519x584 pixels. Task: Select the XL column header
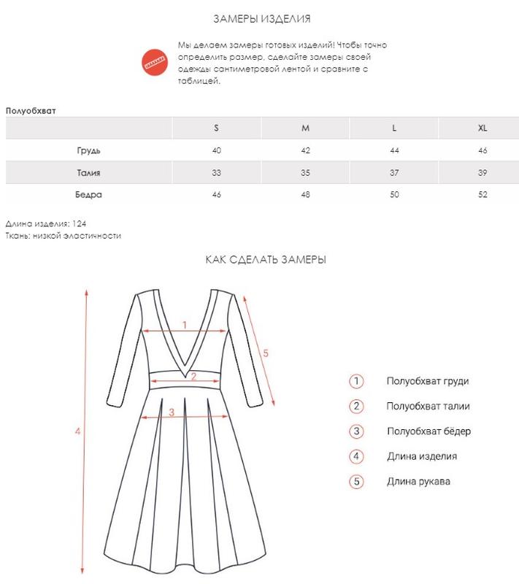coord(483,128)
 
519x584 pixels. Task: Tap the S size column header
coord(216,128)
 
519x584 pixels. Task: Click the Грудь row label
coord(88,150)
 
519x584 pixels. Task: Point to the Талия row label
coord(88,173)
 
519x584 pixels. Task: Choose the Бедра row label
coord(88,195)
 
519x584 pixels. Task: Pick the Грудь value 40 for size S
coord(216,150)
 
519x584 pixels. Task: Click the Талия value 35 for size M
coord(305,173)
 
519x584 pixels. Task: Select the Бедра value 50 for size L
coord(394,195)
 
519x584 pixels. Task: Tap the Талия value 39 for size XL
coord(483,173)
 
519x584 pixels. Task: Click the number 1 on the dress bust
coord(185,325)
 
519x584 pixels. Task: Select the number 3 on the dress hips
coord(172,412)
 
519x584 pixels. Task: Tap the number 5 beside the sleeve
coord(266,353)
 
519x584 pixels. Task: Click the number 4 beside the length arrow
coord(77,431)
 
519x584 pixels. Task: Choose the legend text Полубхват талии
coord(428,407)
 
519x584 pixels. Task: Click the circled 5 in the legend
coord(356,482)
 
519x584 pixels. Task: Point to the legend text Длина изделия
coord(422,456)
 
